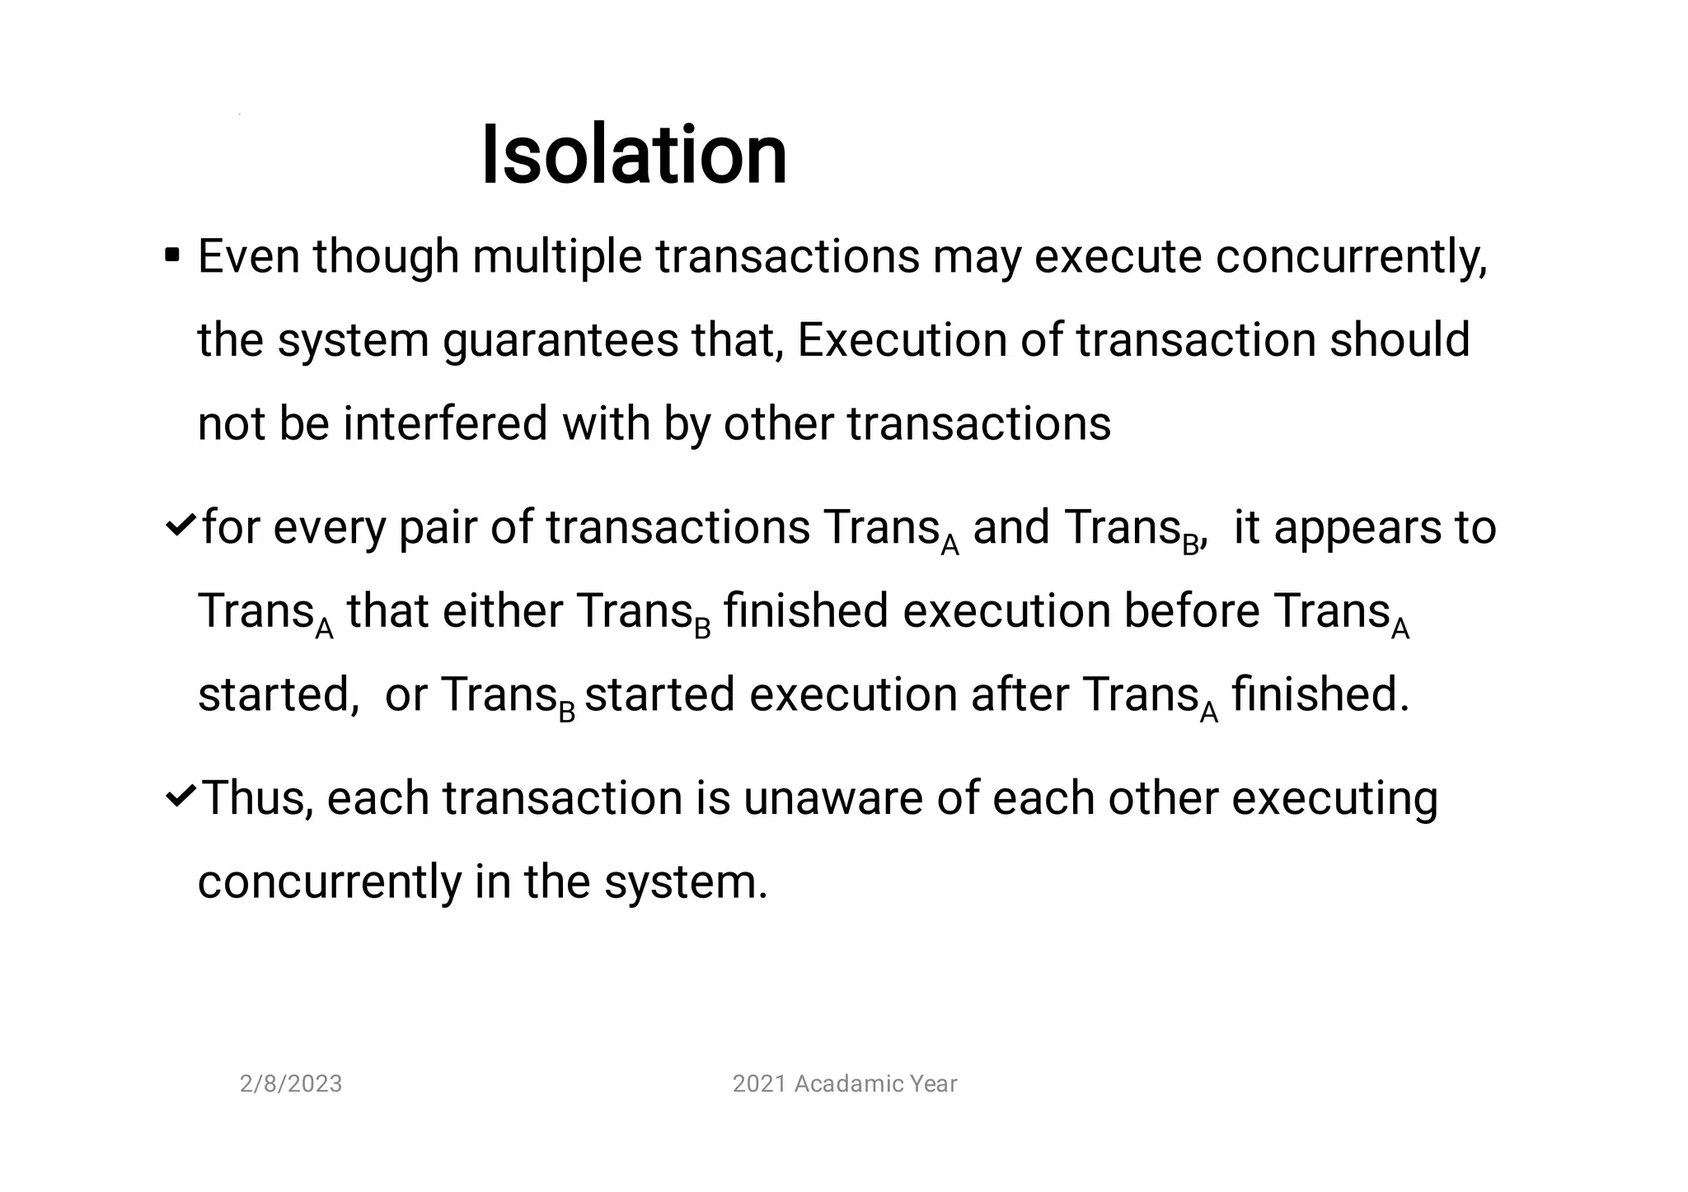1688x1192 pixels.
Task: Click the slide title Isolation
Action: point(633,155)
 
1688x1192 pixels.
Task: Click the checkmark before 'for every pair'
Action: point(181,525)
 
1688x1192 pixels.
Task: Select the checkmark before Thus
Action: point(181,796)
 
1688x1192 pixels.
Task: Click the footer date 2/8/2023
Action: point(290,1084)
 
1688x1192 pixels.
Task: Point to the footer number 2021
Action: point(759,1084)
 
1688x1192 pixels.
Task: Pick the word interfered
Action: point(445,423)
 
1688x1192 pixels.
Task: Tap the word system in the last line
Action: point(685,883)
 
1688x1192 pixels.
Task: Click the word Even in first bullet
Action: point(248,256)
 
